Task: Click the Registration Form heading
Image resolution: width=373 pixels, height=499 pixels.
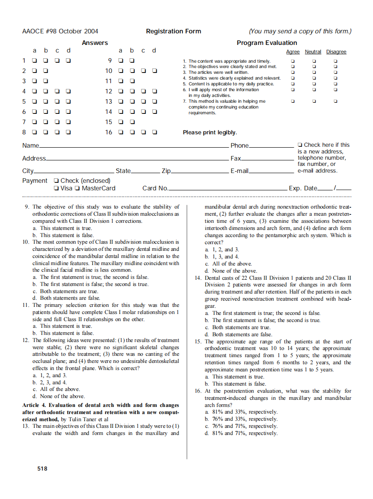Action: tap(173, 31)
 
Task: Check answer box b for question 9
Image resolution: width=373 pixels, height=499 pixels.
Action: tap(132, 60)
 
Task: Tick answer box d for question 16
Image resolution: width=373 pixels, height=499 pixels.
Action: tap(154, 132)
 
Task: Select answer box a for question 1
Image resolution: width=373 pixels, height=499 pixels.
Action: tap(34, 60)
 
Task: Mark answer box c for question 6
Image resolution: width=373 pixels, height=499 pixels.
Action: tap(57, 112)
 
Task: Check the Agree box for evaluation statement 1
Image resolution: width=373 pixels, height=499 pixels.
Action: tap(292, 61)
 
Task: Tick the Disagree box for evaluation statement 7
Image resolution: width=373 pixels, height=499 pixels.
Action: tap(336, 101)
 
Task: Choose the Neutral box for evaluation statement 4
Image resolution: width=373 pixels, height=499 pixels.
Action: tap(314, 78)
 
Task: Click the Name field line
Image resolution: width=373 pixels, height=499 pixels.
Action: tap(134, 146)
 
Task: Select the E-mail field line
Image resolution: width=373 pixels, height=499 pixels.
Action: tap(271, 172)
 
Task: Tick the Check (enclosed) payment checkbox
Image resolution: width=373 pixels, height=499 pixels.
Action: tap(56, 181)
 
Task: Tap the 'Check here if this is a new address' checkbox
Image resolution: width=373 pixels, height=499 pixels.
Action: tap(300, 145)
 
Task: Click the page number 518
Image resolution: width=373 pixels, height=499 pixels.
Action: tap(42, 468)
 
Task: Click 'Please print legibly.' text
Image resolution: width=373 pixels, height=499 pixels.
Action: tap(210, 133)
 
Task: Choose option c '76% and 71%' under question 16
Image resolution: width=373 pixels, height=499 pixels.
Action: tap(244, 426)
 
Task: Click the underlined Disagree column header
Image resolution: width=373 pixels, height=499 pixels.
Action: tap(336, 52)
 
